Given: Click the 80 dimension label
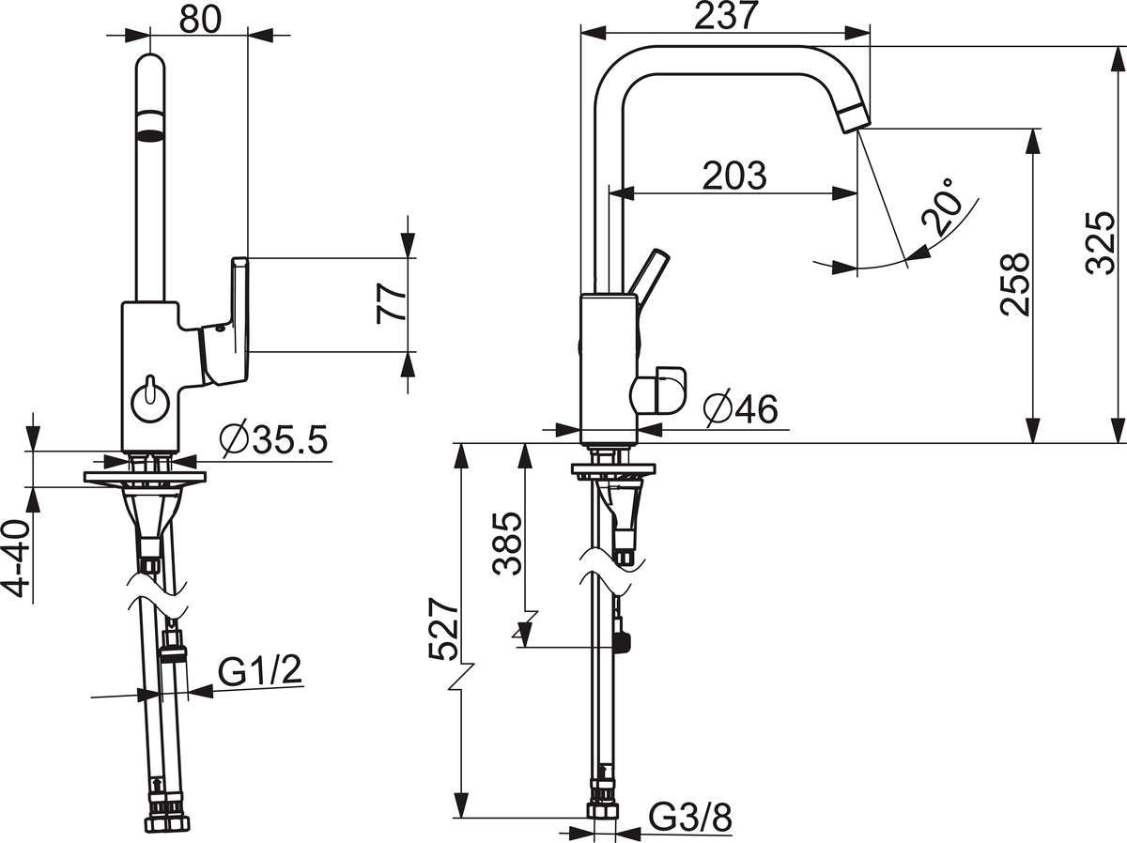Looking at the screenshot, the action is pos(201,20).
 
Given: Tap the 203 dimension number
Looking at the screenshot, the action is pos(734,176).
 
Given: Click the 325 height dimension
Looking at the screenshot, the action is pos(1102,243).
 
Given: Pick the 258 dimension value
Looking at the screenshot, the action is pos(1015,284).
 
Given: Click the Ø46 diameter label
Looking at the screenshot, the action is pos(741,409).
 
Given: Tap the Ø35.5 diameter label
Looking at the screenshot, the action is pos(273,439).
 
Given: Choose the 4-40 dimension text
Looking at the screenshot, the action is pos(19,559).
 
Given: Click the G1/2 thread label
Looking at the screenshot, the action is pos(260,670).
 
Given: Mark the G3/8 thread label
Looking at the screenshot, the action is pos(690,817).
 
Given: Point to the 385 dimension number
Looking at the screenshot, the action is pos(507,543).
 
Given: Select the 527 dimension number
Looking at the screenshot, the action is pos(442,629).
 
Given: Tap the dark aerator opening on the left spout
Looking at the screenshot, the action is pos(150,135).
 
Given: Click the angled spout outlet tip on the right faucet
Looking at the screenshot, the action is pos(854,118).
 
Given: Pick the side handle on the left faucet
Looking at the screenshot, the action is pos(224,322).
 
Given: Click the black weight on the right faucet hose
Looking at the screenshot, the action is pos(622,643).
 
